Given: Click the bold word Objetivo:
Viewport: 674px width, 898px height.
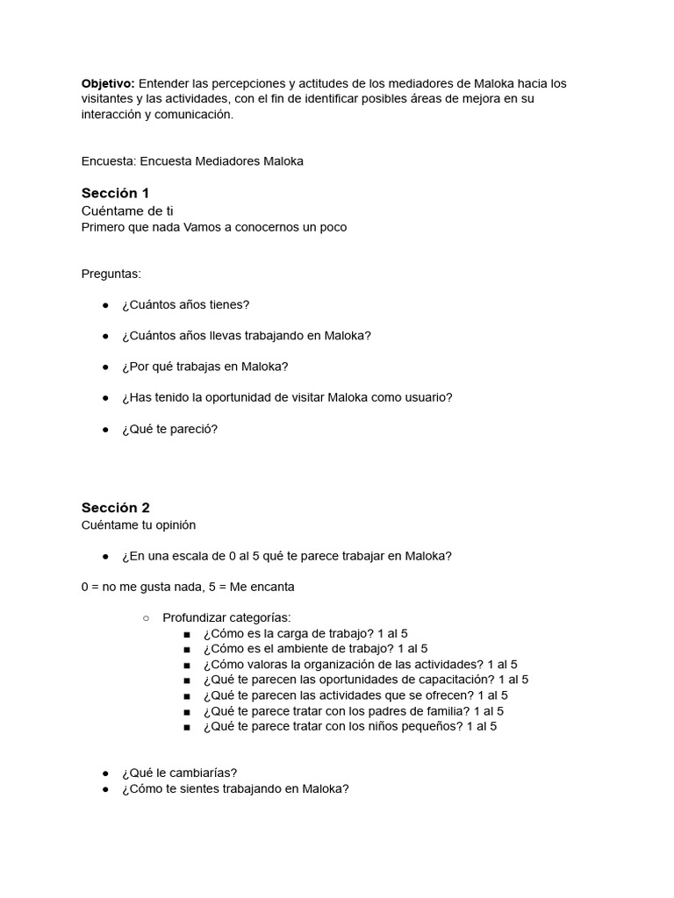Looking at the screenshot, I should click(x=108, y=83).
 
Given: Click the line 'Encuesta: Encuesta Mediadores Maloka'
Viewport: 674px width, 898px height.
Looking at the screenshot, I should click(x=192, y=161).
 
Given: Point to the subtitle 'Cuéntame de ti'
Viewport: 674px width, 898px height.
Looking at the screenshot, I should click(x=127, y=211).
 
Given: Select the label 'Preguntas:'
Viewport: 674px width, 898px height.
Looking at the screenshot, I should click(x=111, y=274).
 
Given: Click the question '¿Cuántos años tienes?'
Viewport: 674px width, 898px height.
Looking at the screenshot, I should click(x=186, y=304).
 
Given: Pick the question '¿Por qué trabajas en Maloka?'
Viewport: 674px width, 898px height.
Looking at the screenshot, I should click(x=205, y=367).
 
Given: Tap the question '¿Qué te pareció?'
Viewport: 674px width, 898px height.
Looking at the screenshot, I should click(x=169, y=429).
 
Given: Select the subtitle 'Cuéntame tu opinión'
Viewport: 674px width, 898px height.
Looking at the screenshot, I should click(x=139, y=524).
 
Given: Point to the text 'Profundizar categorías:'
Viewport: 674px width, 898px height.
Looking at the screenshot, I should click(x=226, y=617).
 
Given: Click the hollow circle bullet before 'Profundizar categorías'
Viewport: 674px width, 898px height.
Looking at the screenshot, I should click(x=147, y=618).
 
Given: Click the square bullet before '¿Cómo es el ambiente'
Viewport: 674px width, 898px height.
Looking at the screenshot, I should click(x=187, y=649).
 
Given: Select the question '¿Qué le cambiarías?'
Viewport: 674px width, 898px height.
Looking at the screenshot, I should click(x=168, y=773).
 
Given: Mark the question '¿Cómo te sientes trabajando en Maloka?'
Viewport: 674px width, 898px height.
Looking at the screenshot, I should click(x=235, y=788).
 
